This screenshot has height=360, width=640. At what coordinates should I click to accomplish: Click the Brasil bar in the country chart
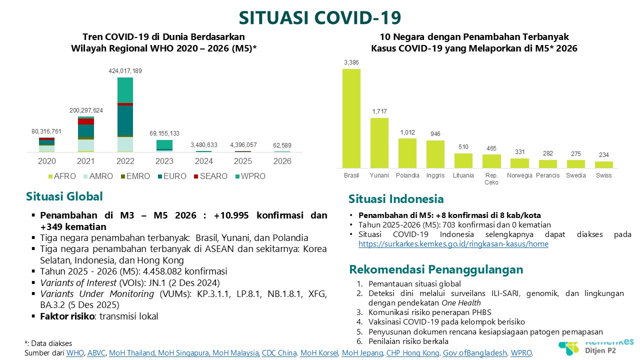pyautogui.click(x=351, y=118)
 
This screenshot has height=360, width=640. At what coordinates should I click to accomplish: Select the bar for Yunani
pyautogui.click(x=379, y=142)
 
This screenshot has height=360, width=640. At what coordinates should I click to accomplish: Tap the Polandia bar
pyautogui.click(x=407, y=153)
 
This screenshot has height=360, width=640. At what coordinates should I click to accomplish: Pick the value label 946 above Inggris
pyautogui.click(x=435, y=134)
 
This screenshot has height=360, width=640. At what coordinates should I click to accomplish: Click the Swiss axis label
pyautogui.click(x=603, y=175)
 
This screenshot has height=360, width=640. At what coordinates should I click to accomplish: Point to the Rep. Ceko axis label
pyautogui.click(x=491, y=179)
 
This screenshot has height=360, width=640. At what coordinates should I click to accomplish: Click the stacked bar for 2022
pyautogui.click(x=125, y=114)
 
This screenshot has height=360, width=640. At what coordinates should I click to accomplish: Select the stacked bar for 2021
pyautogui.click(x=86, y=134)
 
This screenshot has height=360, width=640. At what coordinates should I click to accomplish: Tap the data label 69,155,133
pyautogui.click(x=164, y=133)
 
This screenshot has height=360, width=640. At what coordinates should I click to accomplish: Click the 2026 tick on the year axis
pyautogui.click(x=282, y=161)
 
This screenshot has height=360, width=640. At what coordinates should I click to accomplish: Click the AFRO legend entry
pyautogui.click(x=62, y=176)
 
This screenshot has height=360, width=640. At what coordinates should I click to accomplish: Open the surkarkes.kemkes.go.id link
pyautogui.click(x=453, y=244)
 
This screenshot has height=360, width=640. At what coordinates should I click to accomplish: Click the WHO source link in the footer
pyautogui.click(x=76, y=353)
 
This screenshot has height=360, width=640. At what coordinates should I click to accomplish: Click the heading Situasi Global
pyautogui.click(x=64, y=196)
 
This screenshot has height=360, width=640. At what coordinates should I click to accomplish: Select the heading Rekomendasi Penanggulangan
pyautogui.click(x=435, y=269)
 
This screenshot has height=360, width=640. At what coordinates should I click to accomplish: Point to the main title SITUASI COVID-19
pyautogui.click(x=320, y=17)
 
